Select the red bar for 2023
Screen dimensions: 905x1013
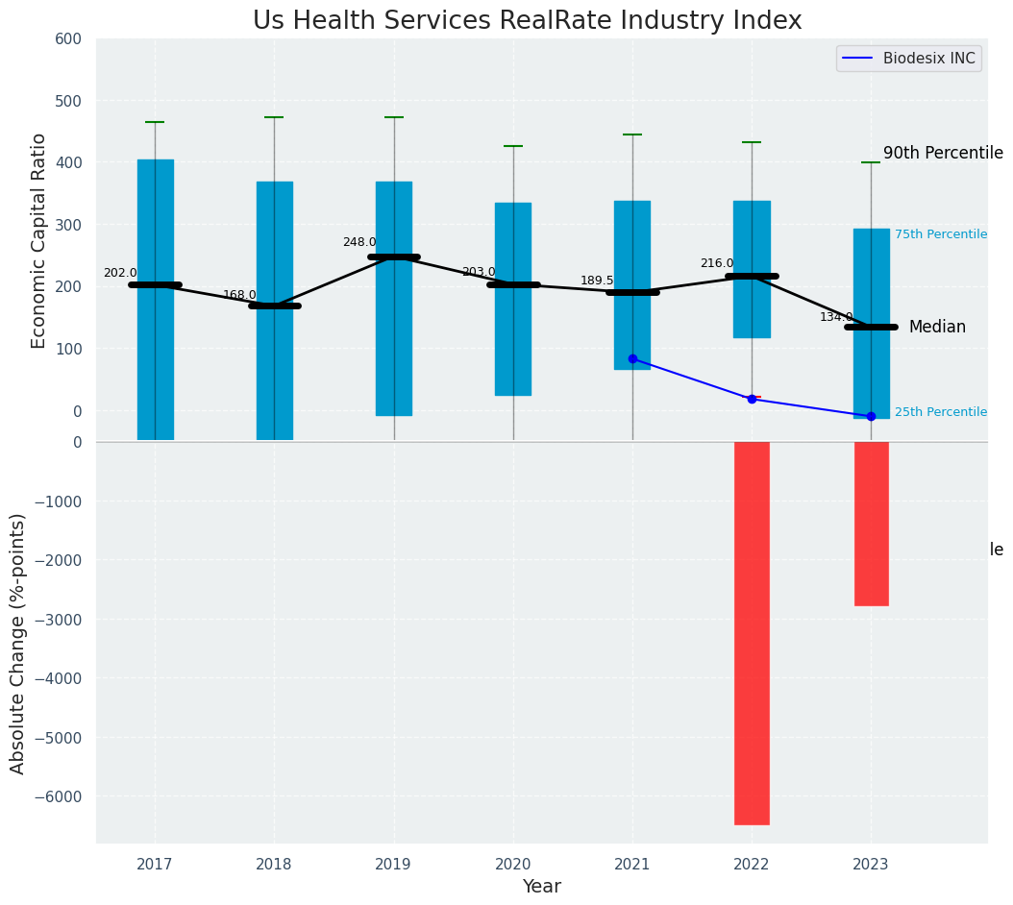(x=871, y=524)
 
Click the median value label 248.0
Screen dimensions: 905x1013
(x=359, y=242)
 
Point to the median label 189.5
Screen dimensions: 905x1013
(x=597, y=281)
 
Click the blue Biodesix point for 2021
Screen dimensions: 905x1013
(x=632, y=358)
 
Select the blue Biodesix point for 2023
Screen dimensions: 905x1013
(x=871, y=416)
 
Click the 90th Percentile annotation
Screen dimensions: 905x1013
(x=943, y=154)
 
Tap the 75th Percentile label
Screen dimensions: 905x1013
(x=940, y=234)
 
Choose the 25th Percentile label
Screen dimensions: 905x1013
(x=940, y=412)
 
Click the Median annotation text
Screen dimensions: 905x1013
(x=937, y=327)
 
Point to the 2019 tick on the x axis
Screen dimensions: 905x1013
(x=393, y=865)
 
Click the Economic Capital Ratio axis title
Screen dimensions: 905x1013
(x=39, y=240)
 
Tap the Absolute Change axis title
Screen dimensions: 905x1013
(x=18, y=643)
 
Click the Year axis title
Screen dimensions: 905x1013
(x=541, y=887)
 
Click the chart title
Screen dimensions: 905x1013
(x=527, y=20)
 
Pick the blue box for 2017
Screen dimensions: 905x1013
(x=155, y=299)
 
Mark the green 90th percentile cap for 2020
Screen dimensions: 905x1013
(x=513, y=146)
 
